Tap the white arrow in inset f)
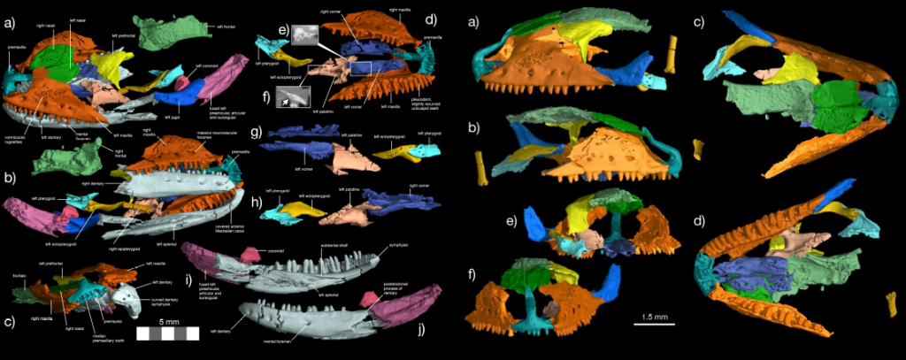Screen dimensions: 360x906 click(x=283, y=103)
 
